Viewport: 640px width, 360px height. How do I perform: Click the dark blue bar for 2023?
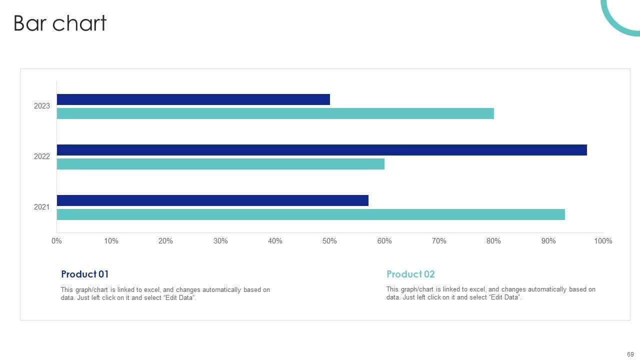click(193, 99)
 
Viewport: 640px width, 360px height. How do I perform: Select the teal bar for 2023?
click(275, 113)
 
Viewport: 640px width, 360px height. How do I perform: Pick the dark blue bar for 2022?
click(321, 150)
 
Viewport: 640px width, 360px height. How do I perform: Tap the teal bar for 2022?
click(220, 164)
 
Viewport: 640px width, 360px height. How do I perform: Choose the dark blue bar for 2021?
click(212, 200)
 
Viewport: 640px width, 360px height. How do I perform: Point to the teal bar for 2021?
click(310, 214)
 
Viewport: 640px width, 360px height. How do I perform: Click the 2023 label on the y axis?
click(42, 106)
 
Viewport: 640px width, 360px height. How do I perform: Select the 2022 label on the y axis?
click(42, 156)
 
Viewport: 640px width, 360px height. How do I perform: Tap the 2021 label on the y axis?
click(42, 207)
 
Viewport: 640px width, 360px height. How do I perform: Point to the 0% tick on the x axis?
click(56, 241)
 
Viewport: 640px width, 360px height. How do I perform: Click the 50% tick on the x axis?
click(329, 241)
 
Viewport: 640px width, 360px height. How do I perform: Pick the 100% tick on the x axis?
click(603, 241)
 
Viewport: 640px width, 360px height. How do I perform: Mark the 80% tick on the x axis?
click(493, 241)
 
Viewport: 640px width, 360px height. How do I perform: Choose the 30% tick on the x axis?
click(220, 241)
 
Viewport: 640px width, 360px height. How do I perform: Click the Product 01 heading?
click(84, 274)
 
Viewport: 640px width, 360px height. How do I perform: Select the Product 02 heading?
click(410, 274)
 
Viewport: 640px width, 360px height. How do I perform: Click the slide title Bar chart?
click(60, 23)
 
